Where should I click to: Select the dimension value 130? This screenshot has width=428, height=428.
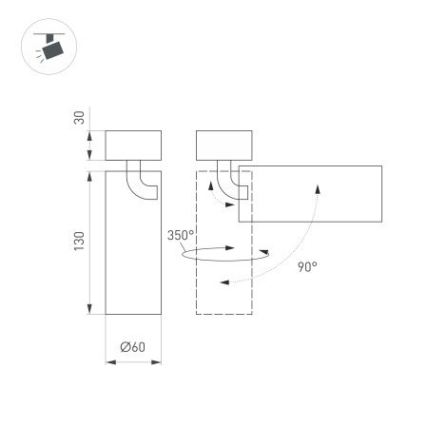pos(79,242)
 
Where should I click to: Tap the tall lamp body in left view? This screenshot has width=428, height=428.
pos(131,257)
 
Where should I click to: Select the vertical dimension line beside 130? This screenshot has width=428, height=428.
pos(91,242)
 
